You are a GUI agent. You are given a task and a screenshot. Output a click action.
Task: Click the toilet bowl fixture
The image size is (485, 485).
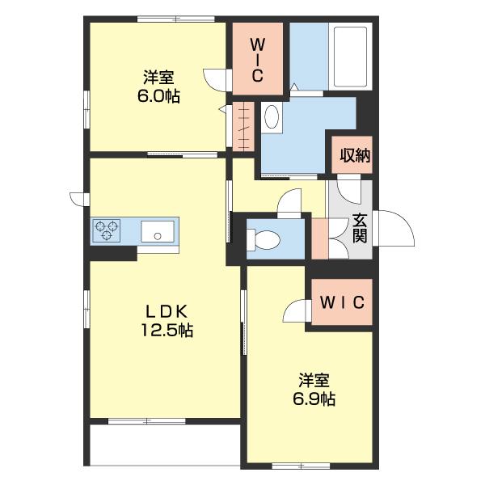[264, 239]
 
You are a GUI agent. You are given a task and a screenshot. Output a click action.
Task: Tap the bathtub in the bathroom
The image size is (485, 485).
[350, 57]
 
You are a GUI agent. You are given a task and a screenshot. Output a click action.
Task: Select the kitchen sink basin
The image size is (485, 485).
[158, 231]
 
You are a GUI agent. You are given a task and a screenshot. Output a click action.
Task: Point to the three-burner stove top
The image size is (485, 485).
[107, 230]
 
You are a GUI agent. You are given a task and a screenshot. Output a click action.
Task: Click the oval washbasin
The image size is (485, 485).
[272, 116]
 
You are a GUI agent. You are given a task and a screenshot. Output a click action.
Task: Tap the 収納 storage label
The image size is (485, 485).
[355, 155]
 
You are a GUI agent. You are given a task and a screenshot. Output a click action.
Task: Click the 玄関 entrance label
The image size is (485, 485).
[360, 228]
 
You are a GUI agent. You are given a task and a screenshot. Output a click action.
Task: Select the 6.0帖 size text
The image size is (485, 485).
[158, 96]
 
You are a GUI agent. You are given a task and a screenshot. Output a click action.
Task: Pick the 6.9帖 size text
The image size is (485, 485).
[314, 399]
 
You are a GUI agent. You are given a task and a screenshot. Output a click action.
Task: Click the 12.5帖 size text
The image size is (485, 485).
[167, 331]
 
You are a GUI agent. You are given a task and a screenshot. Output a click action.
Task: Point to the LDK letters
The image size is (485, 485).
[167, 311]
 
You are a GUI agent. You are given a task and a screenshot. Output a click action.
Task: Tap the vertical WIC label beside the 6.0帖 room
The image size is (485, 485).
[257, 61]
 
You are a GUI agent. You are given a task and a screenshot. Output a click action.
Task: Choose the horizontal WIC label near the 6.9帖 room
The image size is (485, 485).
[343, 302]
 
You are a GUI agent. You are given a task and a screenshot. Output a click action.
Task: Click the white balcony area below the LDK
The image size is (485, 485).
[165, 445]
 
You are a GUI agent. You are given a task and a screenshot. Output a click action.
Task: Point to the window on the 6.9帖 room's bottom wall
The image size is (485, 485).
[301, 466]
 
